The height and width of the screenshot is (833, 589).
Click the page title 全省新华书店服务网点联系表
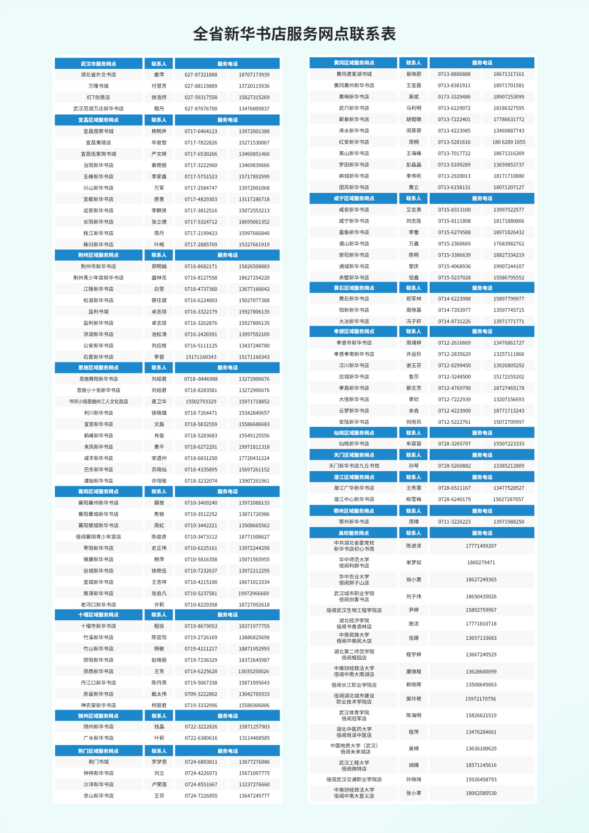tap(294, 34)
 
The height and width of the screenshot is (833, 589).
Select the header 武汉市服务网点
tap(98, 64)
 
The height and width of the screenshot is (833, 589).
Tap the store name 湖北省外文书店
tap(98, 75)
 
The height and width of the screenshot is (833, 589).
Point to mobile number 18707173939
tap(254, 75)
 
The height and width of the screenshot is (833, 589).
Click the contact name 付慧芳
tap(159, 86)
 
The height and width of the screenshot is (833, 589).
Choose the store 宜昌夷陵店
tap(98, 143)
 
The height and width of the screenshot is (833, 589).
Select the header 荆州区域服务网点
tap(98, 255)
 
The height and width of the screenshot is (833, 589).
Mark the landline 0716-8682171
tap(201, 267)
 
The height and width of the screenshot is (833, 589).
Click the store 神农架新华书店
tap(98, 705)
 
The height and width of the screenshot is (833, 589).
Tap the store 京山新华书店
tap(98, 796)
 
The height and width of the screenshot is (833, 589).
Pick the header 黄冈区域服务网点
tap(353, 63)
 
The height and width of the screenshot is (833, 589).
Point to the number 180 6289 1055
tap(509, 142)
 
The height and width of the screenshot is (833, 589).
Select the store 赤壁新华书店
tap(353, 278)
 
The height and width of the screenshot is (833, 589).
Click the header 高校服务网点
tap(353, 533)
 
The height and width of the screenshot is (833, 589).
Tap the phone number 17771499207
tap(481, 546)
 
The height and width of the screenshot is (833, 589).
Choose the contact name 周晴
tap(413, 522)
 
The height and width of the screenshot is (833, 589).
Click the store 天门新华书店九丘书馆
tap(353, 466)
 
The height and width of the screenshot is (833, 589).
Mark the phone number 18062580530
tap(481, 793)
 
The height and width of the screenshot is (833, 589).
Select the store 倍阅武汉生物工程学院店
tap(353, 610)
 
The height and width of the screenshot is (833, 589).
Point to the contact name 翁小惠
tap(413, 580)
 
